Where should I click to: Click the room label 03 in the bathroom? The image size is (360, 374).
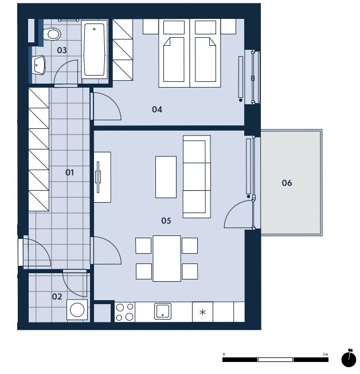coord(62,50)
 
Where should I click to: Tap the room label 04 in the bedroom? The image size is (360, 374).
coord(157,109)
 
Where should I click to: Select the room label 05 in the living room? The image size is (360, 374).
coord(166,221)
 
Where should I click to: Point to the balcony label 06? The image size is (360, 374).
coord(287,183)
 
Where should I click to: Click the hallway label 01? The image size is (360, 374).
coord(69,172)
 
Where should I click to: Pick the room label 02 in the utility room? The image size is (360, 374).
coord(57,297)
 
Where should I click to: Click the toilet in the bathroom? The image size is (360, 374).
coord(52,34)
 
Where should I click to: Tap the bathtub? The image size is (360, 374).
coord(95,49)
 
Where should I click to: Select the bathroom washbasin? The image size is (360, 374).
coord(38,65)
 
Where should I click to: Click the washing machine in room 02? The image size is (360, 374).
coord(77,310)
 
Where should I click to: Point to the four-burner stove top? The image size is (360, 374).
coord(125,312)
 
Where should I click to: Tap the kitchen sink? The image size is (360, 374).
coord(163,311)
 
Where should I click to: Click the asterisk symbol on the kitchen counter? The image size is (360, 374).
coord(203,312)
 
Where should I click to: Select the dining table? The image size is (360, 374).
coord(167,258)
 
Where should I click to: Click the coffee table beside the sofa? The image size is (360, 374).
coord(166,177)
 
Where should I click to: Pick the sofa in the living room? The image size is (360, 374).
coord(197,177)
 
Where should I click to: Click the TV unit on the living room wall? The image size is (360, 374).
coord(102,177)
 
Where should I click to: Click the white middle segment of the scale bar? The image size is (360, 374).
coord(275,360)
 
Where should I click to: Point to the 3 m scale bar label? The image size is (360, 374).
coord(326,354)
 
